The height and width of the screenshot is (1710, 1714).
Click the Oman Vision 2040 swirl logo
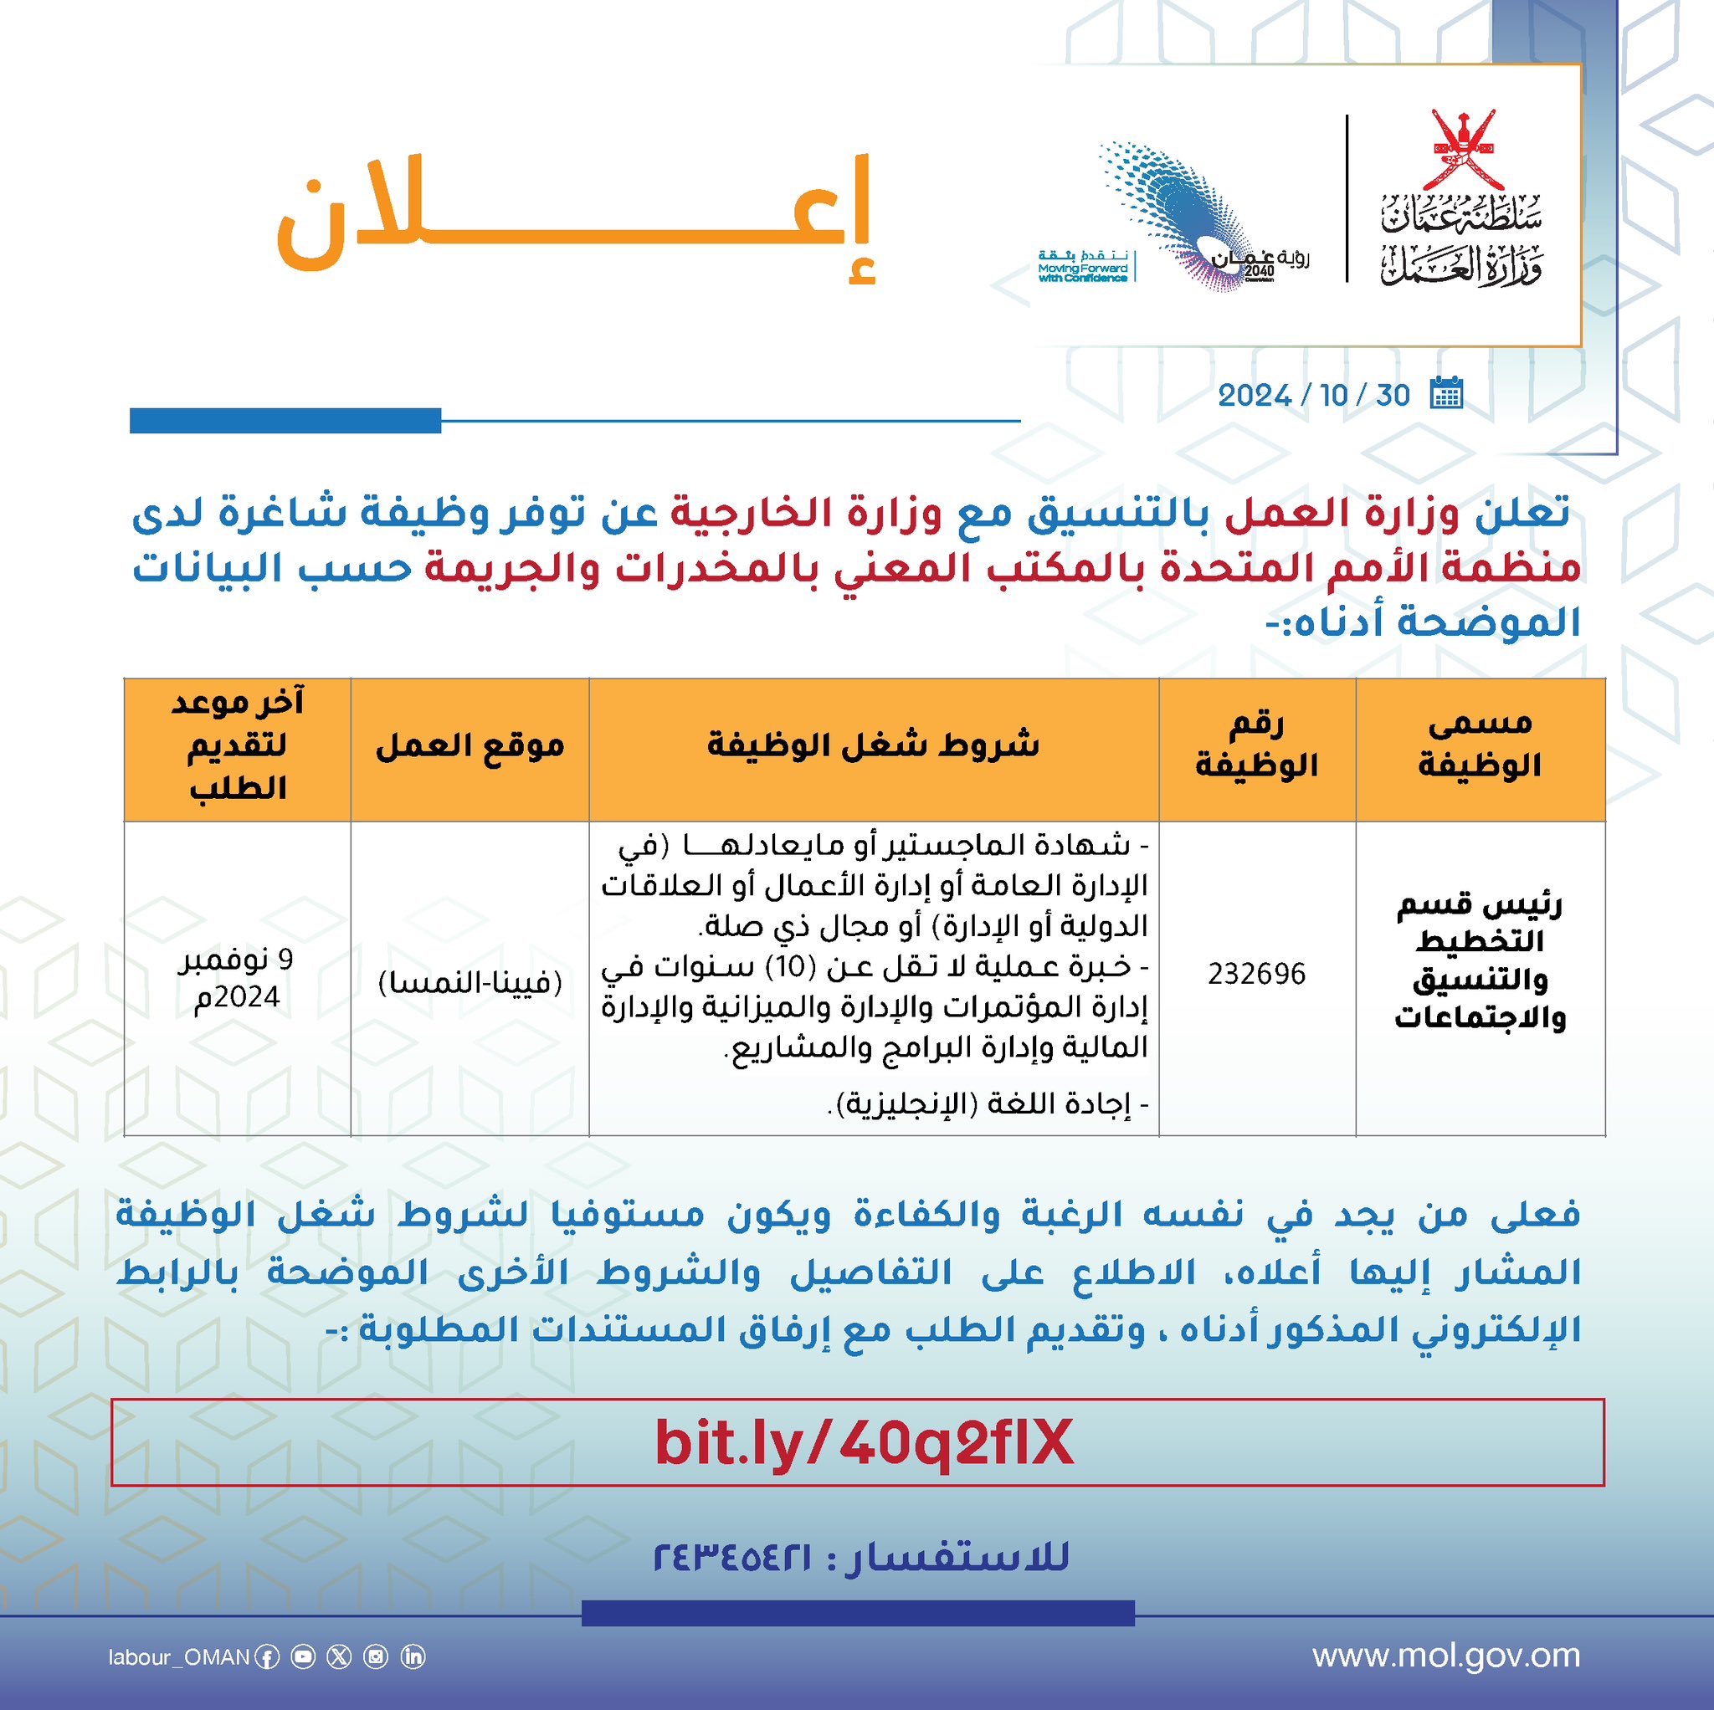coord(1180,212)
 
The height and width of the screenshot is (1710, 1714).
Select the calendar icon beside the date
coord(1446,393)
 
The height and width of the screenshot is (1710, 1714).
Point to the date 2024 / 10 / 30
coord(1313,396)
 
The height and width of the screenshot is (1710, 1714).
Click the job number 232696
coord(1256,975)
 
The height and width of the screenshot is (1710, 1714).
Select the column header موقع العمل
coord(470,746)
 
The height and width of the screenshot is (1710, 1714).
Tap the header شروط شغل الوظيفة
coord(873,746)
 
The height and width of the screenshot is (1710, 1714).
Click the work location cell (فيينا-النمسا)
coord(470,983)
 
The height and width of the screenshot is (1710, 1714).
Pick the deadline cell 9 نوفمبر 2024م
coord(237,978)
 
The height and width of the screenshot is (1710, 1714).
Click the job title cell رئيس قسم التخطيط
coord(1480,961)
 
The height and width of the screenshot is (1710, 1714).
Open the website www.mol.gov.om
coord(1446,1656)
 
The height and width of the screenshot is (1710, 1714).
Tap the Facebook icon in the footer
coord(267,1657)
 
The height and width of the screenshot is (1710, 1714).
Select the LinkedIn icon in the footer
coord(413,1656)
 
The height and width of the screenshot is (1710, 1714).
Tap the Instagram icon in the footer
coord(376,1656)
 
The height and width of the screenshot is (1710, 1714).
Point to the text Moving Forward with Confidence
coord(1082,272)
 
